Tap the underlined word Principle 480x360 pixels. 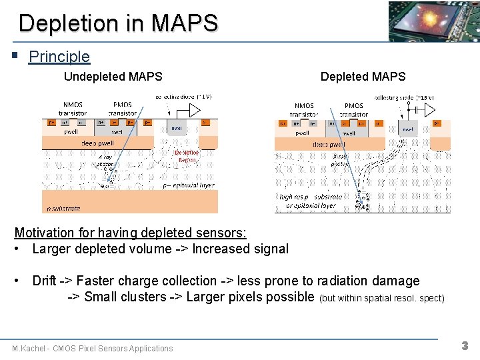[59, 57]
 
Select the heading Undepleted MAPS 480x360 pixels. [113, 77]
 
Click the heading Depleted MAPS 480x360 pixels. [363, 77]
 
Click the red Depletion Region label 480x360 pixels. [186, 156]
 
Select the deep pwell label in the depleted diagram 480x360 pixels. [329, 143]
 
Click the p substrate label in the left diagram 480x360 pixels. [63, 208]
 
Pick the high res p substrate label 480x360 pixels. [311, 197]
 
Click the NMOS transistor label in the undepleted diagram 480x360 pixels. [73, 109]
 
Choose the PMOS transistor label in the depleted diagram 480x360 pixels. [353, 110]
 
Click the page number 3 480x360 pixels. [465, 346]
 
